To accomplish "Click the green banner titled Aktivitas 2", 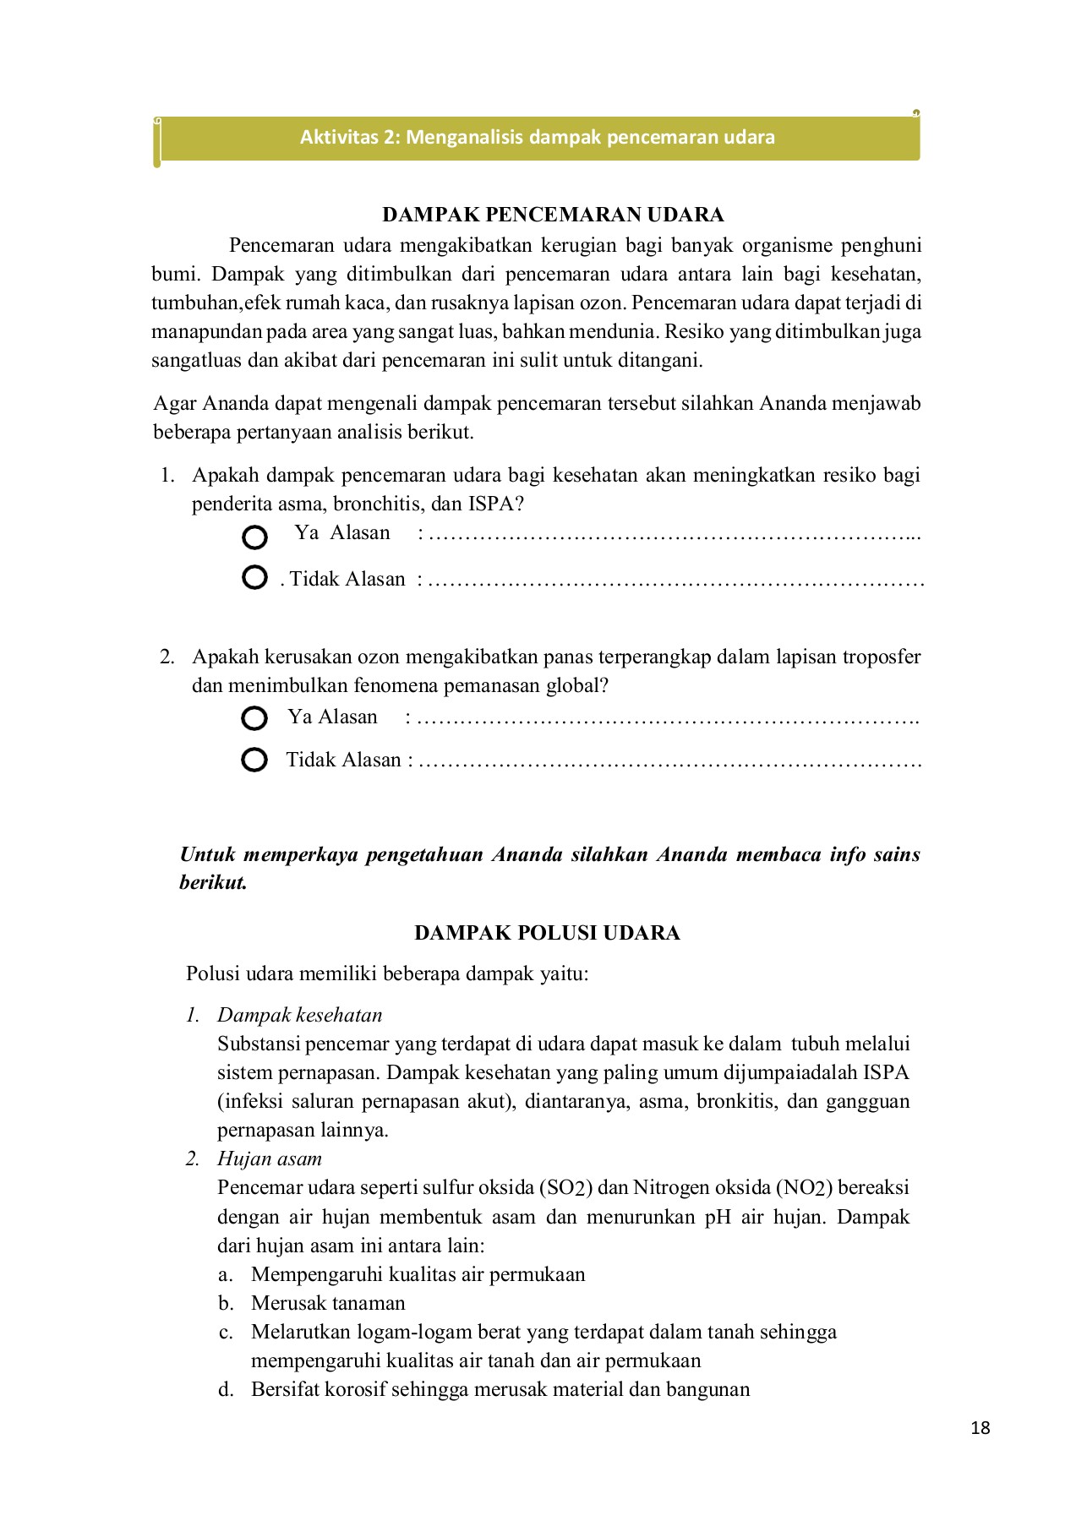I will pyautogui.click(x=538, y=138).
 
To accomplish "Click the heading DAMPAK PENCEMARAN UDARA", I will pyautogui.click(x=553, y=215).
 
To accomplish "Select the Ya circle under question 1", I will pyautogui.click(x=254, y=537).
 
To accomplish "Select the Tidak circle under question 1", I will pyautogui.click(x=254, y=578).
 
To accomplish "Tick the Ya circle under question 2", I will pyautogui.click(x=254, y=718).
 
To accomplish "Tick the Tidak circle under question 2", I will pyautogui.click(x=254, y=760).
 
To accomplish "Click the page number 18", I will pyautogui.click(x=980, y=1428).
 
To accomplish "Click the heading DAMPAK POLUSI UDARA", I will pyautogui.click(x=547, y=933).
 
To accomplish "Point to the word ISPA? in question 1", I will pyautogui.click(x=496, y=504).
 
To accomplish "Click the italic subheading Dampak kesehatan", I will pyautogui.click(x=299, y=1015).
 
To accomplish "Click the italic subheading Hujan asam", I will pyautogui.click(x=269, y=1158).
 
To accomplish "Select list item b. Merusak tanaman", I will pyautogui.click(x=328, y=1303).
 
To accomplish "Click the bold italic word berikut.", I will pyautogui.click(x=213, y=883).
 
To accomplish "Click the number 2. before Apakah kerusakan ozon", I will pyautogui.click(x=167, y=657).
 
